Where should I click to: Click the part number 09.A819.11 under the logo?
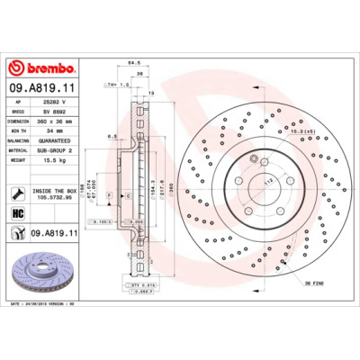point(45,89)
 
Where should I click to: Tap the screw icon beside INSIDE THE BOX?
point(19,193)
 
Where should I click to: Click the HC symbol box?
point(19,213)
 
